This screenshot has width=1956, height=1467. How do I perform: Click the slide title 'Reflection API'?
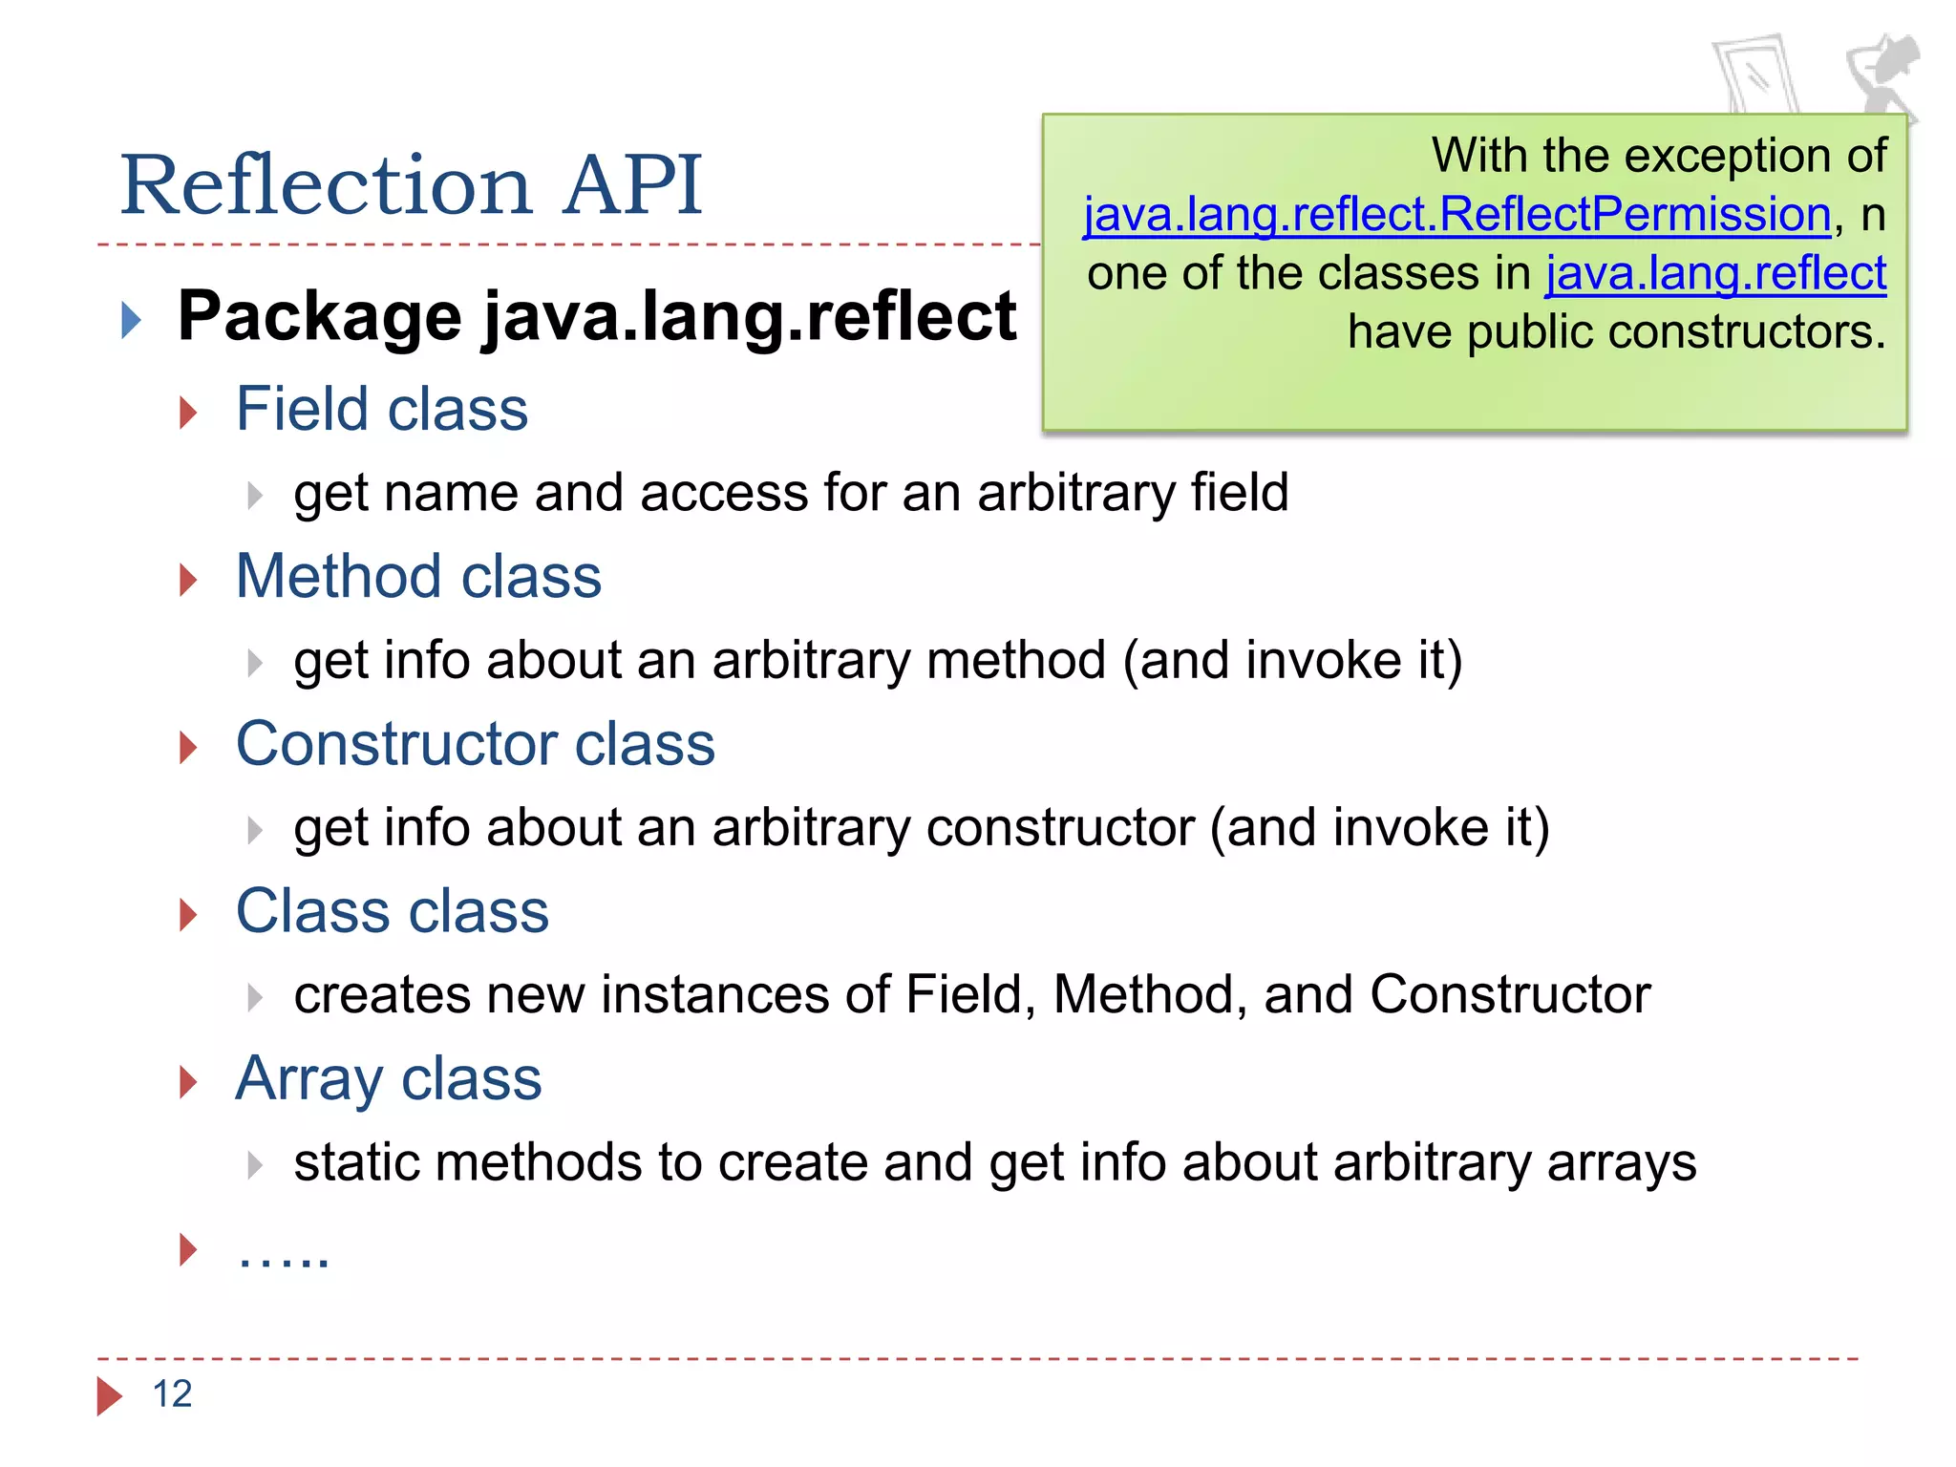pyautogui.click(x=411, y=184)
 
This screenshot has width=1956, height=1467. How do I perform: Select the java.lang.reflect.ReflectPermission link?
pyautogui.click(x=1456, y=214)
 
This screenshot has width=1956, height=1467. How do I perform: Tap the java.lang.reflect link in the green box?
pyautogui.click(x=1715, y=273)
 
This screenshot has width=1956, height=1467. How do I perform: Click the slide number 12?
pyautogui.click(x=172, y=1394)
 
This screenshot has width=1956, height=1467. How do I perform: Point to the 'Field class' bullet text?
pyautogui.click(x=381, y=409)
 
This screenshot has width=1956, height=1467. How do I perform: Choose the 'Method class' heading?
pyautogui.click(x=418, y=576)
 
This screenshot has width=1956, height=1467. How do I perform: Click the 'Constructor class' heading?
pyautogui.click(x=475, y=743)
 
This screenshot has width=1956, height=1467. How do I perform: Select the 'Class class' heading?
pyautogui.click(x=392, y=910)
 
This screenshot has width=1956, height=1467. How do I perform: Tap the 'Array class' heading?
pyautogui.click(x=388, y=1078)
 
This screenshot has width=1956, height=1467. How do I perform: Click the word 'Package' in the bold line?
pyautogui.click(x=320, y=316)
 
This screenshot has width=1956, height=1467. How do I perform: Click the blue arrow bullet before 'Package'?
pyautogui.click(x=132, y=320)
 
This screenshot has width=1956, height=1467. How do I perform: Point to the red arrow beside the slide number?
pyautogui.click(x=109, y=1395)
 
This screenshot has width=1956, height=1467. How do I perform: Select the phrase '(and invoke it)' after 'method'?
pyautogui.click(x=1292, y=660)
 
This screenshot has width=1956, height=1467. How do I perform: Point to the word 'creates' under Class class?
pyautogui.click(x=382, y=995)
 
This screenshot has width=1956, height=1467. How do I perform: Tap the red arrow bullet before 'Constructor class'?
pyautogui.click(x=188, y=747)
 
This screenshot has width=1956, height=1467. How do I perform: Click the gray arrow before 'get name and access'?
pyautogui.click(x=254, y=495)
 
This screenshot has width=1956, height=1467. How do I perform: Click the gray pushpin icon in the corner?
pyautogui.click(x=1881, y=76)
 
